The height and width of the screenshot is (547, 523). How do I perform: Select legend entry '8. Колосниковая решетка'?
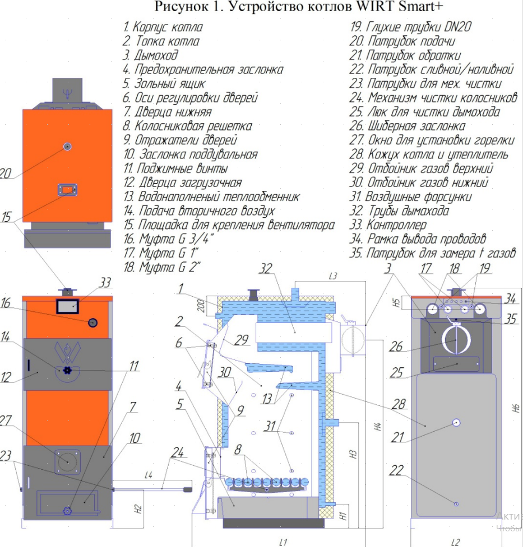[x=188, y=126]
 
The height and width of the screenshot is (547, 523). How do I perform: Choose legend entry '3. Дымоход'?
[x=151, y=55]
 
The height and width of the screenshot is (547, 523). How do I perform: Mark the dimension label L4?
[x=148, y=475]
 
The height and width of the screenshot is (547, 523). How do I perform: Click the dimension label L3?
[x=332, y=276]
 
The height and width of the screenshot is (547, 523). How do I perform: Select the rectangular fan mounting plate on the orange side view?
[x=67, y=190]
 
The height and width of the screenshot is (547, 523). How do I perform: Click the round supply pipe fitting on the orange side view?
[x=67, y=147]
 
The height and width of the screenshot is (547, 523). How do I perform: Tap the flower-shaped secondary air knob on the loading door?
[x=67, y=371]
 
